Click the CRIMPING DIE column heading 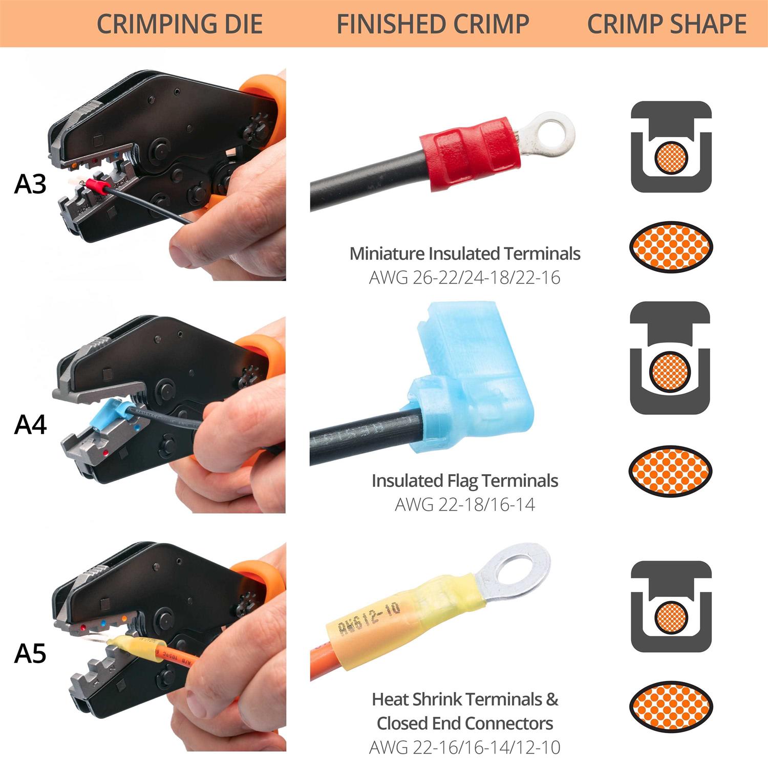(179, 24)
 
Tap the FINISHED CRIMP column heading (433, 24)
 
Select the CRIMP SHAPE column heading (666, 24)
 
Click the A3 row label (30, 184)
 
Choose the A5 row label (30, 654)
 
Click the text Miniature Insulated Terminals (464, 254)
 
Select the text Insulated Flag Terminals (464, 481)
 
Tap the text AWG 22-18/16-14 (464, 505)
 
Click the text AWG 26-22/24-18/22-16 (464, 278)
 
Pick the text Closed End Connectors (464, 723)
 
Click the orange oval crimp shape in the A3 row (671, 247)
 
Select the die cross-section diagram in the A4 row (670, 358)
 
